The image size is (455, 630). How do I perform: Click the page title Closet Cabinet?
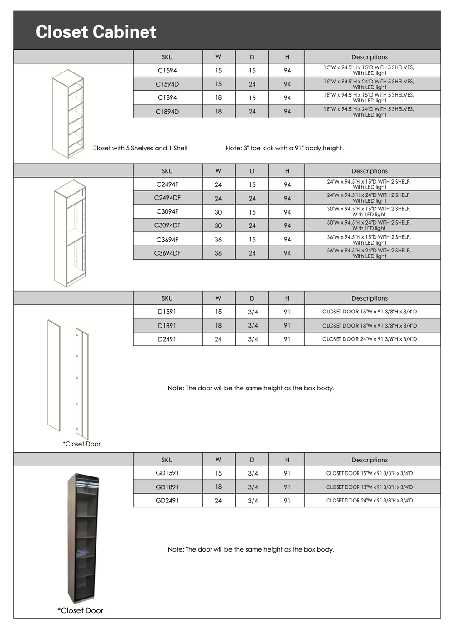[96, 32]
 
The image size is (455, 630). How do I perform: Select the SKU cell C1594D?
[167, 84]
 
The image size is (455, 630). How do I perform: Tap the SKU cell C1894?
[167, 97]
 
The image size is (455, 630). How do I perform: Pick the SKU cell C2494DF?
[167, 198]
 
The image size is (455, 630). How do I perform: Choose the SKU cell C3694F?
[167, 239]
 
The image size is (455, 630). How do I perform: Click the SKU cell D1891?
[167, 326]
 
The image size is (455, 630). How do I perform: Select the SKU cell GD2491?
[167, 500]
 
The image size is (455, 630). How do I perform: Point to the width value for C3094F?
[218, 212]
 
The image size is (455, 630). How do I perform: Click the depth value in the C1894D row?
[252, 111]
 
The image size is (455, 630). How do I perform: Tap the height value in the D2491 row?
[287, 339]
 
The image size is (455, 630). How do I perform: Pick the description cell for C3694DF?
[369, 253]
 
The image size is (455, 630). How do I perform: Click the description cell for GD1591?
[369, 473]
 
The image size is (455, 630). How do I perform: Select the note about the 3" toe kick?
[284, 148]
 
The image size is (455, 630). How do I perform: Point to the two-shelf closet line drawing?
[70, 233]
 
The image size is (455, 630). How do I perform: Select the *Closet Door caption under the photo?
[81, 610]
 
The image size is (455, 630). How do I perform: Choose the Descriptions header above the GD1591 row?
[369, 460]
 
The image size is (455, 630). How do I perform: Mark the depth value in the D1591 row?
[253, 312]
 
